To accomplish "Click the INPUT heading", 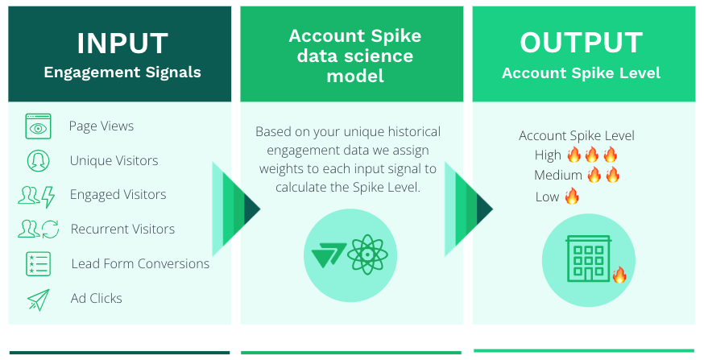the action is [x=122, y=43].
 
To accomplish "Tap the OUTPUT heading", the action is [x=582, y=43].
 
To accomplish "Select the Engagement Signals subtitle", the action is [x=122, y=72].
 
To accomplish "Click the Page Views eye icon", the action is [x=38, y=126].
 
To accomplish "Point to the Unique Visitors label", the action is [x=114, y=161].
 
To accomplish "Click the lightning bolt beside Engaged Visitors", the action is [x=48, y=197].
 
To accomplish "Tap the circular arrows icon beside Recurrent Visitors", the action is [x=50, y=229].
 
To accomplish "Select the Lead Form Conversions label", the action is [x=140, y=263].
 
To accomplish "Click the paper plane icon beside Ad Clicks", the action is [x=39, y=300].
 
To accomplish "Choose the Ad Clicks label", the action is [x=96, y=298].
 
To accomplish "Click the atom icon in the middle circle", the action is [x=367, y=254].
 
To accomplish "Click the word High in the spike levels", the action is [x=548, y=155].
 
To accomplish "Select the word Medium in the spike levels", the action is [x=557, y=175].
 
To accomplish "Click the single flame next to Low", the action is [x=572, y=196].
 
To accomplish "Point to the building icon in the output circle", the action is [x=589, y=259].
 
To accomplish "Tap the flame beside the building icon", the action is [x=619, y=275].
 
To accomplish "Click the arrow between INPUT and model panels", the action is [x=236, y=209].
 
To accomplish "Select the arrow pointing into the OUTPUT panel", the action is [x=469, y=209].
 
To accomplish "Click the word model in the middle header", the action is [x=355, y=76].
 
